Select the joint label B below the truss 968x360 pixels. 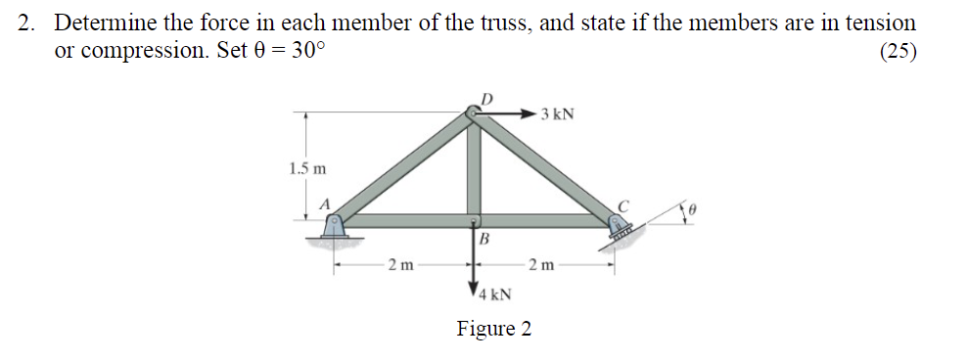[x=484, y=240]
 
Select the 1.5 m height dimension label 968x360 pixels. [x=307, y=167]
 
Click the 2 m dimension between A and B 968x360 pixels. [x=400, y=264]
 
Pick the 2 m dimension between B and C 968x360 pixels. [x=541, y=264]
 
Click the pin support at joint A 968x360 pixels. [x=336, y=226]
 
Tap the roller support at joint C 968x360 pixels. [x=621, y=226]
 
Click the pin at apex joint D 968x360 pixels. [x=473, y=115]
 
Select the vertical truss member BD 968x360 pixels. [x=474, y=166]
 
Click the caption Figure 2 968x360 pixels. [x=494, y=329]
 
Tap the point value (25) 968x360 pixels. [x=899, y=53]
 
